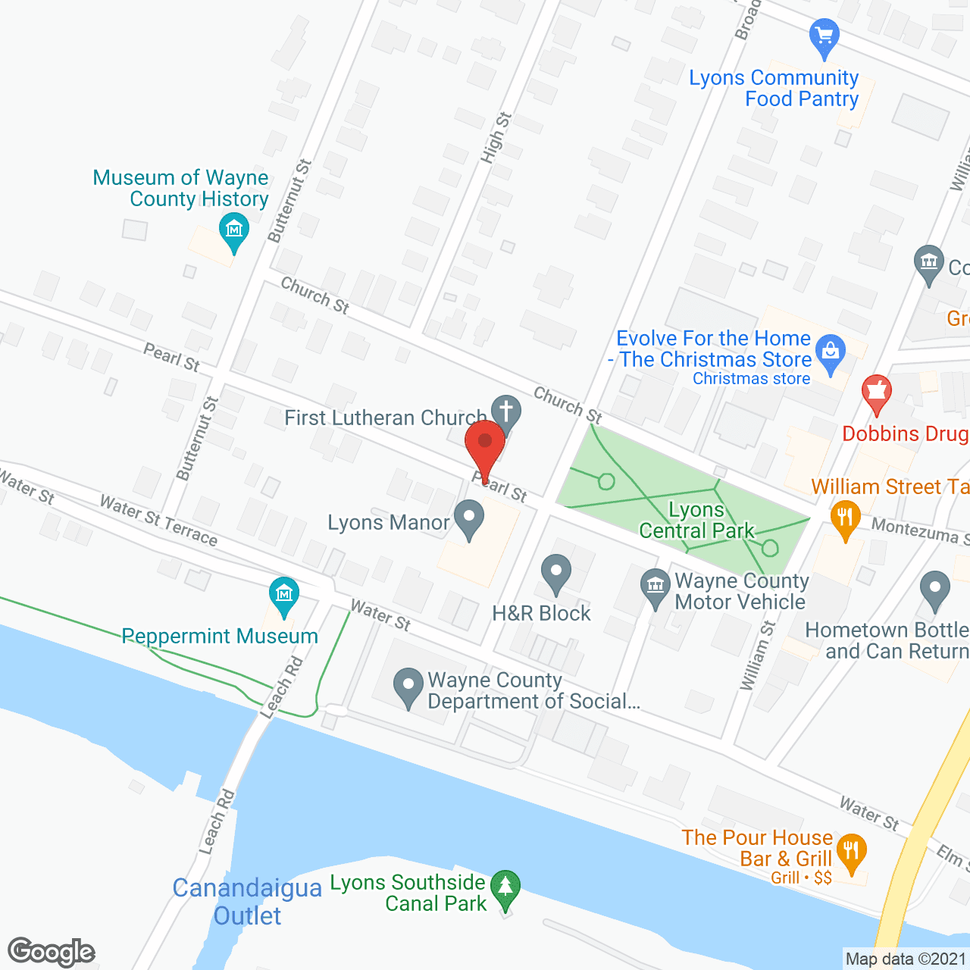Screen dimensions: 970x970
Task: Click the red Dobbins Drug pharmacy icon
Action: coord(877,393)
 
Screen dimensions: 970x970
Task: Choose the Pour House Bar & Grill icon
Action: coord(852,852)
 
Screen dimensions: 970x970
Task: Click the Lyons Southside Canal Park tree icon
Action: coord(505,889)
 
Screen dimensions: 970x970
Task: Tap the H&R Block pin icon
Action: coord(556,573)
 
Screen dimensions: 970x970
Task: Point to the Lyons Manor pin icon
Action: coord(469,520)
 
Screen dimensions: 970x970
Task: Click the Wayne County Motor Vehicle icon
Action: coord(656,588)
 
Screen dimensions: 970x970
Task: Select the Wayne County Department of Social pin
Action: coord(408,687)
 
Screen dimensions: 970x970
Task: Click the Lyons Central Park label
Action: coord(696,520)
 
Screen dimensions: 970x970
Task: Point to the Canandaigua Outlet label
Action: coord(248,902)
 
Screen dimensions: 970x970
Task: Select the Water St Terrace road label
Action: coord(158,520)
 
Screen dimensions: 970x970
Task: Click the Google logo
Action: coord(52,952)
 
